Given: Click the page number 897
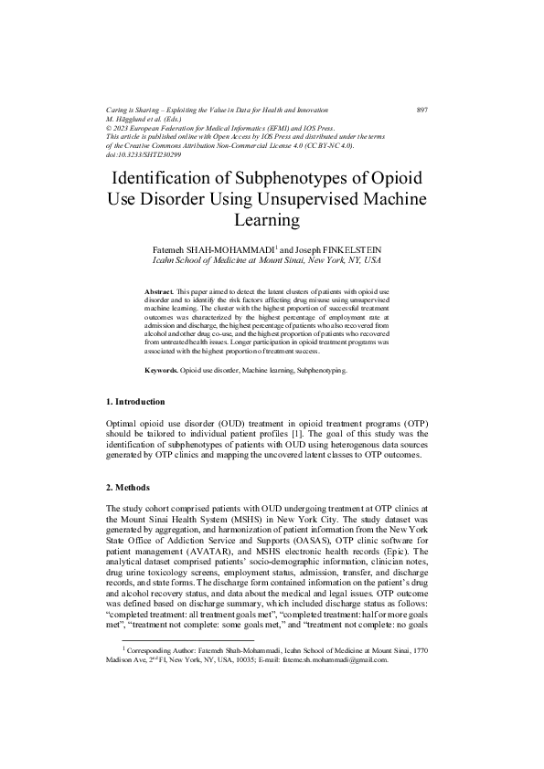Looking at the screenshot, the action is tap(422, 110).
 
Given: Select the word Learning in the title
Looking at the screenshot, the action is tap(272, 220).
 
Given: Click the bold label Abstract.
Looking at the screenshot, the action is tap(160, 290).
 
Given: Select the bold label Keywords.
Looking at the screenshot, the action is tap(162, 373).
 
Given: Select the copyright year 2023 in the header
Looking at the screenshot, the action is tap(125, 128).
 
